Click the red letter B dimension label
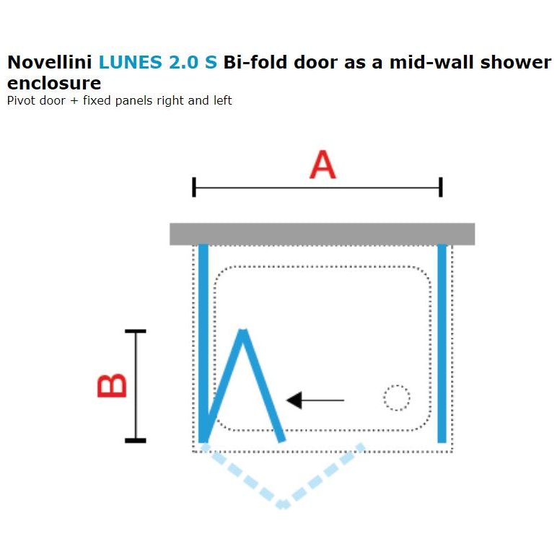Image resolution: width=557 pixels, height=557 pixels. [x=112, y=385]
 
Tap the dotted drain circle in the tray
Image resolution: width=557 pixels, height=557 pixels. [x=396, y=398]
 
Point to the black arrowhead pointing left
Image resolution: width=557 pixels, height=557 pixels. [x=294, y=400]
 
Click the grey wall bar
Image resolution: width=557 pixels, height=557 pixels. [x=322, y=234]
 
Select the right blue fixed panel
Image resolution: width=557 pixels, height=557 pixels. [x=442, y=343]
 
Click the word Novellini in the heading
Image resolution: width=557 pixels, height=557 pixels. [x=49, y=62]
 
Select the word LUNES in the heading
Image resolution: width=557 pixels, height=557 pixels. [x=129, y=62]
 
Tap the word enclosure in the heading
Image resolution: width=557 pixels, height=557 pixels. [x=53, y=83]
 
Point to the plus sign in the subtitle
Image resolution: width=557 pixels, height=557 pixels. [x=74, y=101]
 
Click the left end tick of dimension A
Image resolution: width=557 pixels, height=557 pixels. [x=194, y=188]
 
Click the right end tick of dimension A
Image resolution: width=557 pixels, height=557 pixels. [x=441, y=188]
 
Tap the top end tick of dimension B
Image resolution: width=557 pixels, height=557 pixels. [x=135, y=331]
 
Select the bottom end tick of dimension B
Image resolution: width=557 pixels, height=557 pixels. [x=135, y=440]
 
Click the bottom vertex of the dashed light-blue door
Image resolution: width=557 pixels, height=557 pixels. [x=283, y=505]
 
